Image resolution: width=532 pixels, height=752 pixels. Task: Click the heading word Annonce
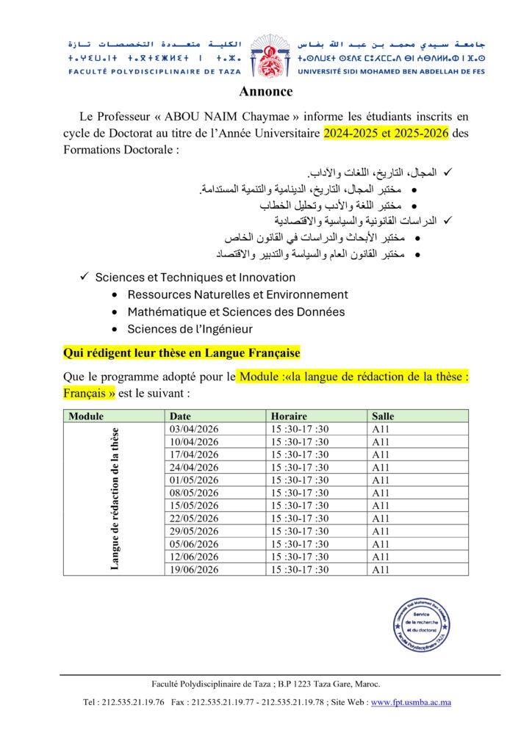click(x=266, y=92)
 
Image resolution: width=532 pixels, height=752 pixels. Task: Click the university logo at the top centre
click(x=266, y=55)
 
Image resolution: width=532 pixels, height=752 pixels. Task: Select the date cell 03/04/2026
click(x=194, y=429)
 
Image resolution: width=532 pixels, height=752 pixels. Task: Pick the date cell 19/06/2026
click(x=194, y=569)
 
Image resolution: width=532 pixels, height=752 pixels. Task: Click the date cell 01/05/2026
click(x=194, y=480)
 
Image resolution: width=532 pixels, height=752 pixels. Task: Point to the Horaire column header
click(x=289, y=416)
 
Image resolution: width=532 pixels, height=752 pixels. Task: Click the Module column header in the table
click(x=86, y=416)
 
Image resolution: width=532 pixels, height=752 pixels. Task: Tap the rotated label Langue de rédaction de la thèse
click(x=115, y=499)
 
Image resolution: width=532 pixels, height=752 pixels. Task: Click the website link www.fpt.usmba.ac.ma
click(x=411, y=702)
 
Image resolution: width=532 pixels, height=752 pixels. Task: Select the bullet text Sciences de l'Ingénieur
click(x=190, y=329)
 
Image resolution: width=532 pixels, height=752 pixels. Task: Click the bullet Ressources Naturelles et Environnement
click(x=237, y=294)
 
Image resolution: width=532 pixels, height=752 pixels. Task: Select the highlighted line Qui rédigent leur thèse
click(x=181, y=353)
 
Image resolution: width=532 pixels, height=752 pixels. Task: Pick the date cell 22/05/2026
click(x=194, y=518)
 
